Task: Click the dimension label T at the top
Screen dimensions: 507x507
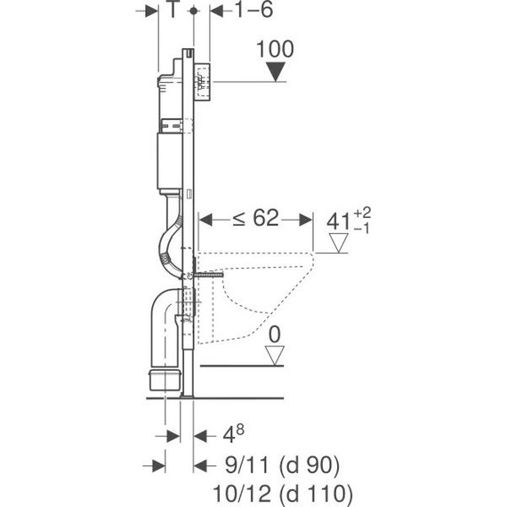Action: [173, 10]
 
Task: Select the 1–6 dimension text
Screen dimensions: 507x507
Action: [254, 10]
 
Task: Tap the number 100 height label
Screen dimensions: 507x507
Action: [275, 49]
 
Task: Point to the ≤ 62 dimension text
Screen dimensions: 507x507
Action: [256, 218]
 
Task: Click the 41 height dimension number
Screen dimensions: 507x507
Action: [339, 221]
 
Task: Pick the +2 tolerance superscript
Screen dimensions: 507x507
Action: [362, 213]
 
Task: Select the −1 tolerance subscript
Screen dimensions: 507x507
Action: [362, 229]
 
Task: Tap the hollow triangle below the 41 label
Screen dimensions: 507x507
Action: [338, 243]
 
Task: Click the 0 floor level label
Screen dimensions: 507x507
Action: [275, 334]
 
